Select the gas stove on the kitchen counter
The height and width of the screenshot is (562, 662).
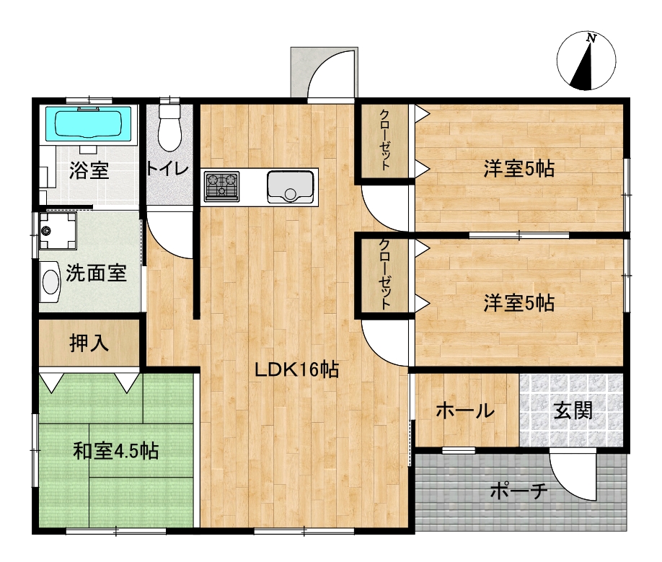pyautogui.click(x=221, y=186)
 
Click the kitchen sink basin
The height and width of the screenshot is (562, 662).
pyautogui.click(x=291, y=187)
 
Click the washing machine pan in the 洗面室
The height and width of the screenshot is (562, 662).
pyautogui.click(x=58, y=231)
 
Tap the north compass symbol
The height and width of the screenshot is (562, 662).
pyautogui.click(x=586, y=61)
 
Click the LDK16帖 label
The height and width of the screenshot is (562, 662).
pyautogui.click(x=296, y=370)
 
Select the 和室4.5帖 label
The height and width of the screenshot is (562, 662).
pyautogui.click(x=116, y=451)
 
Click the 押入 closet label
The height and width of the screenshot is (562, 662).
pyautogui.click(x=89, y=343)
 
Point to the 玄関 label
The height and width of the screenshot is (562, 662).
pyautogui.click(x=573, y=410)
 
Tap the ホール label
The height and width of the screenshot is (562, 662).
pyautogui.click(x=465, y=410)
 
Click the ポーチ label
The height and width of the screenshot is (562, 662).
pyautogui.click(x=519, y=491)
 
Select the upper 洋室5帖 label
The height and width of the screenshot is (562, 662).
pyautogui.click(x=519, y=169)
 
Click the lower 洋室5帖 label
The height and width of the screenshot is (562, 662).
pyautogui.click(x=519, y=303)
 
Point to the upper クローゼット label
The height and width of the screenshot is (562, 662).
pyautogui.click(x=384, y=139)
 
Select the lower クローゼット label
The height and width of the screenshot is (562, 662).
pyautogui.click(x=384, y=274)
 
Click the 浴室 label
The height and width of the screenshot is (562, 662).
pyautogui.click(x=89, y=170)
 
